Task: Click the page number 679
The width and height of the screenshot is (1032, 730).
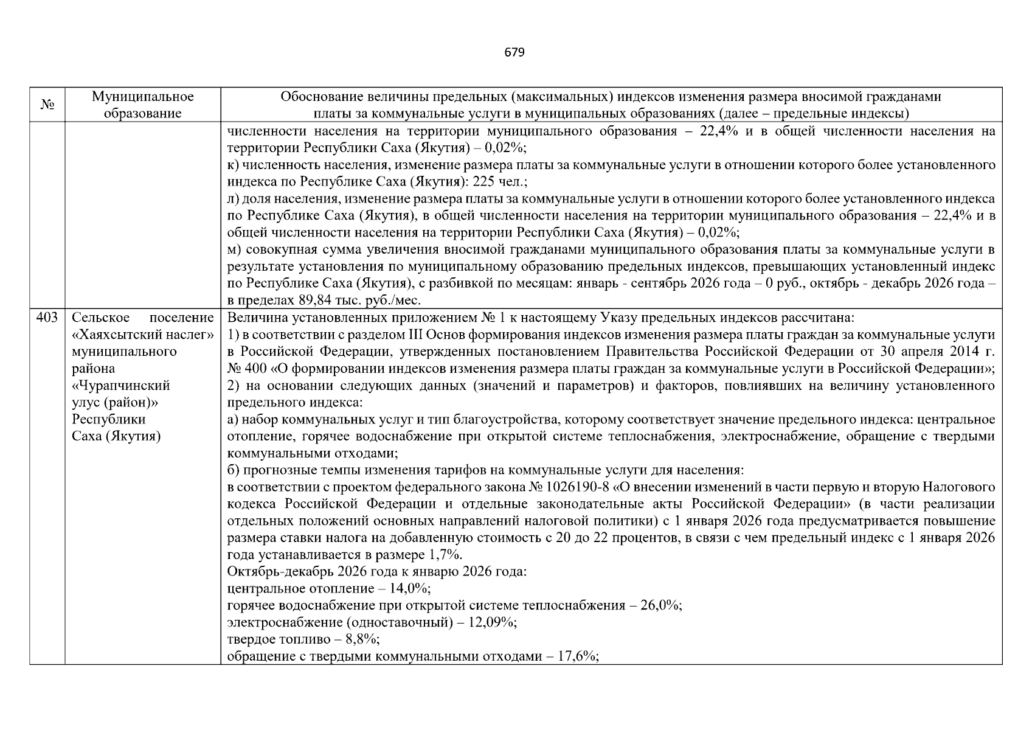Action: pyautogui.click(x=514, y=52)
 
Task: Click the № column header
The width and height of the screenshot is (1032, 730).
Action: pyautogui.click(x=47, y=105)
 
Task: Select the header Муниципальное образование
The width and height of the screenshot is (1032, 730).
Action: pyautogui.click(x=143, y=105)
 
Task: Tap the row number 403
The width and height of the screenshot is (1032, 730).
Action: pyautogui.click(x=47, y=318)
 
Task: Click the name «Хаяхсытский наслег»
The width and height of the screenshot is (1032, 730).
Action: pyautogui.click(x=143, y=335)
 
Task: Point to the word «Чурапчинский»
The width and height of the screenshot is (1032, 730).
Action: pyautogui.click(x=121, y=386)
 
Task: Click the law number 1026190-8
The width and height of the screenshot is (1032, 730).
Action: pyautogui.click(x=572, y=487)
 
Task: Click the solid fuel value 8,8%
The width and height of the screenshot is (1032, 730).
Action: pyautogui.click(x=362, y=639)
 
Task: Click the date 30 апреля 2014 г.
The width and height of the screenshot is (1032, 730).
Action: pyautogui.click(x=945, y=352)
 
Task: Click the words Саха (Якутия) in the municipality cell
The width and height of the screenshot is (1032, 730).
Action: pyautogui.click(x=116, y=437)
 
